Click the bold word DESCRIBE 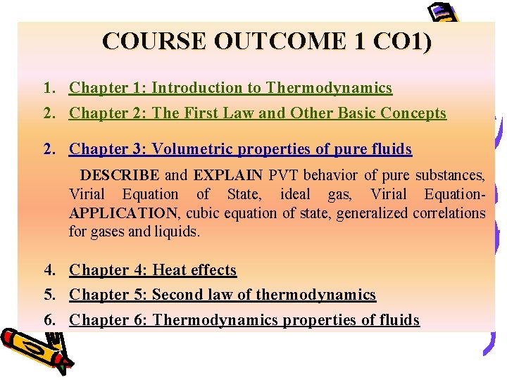pos(120,175)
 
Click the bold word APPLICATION pos(123,213)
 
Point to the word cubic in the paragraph pos(206,213)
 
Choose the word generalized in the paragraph pos(370,213)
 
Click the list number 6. pos(49,320)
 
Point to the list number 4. pos(49,270)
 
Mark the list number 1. pos(49,88)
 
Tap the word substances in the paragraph pos(449,175)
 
